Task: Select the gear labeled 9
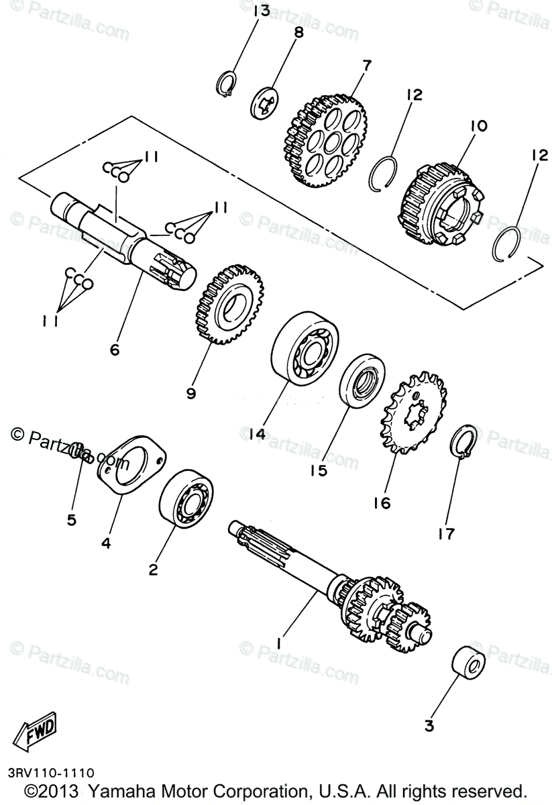click(x=229, y=305)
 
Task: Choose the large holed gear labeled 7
click(x=325, y=140)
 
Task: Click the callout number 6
click(x=114, y=350)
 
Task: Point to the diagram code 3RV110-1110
click(x=52, y=773)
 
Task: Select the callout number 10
click(x=479, y=125)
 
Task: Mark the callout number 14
click(x=257, y=434)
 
